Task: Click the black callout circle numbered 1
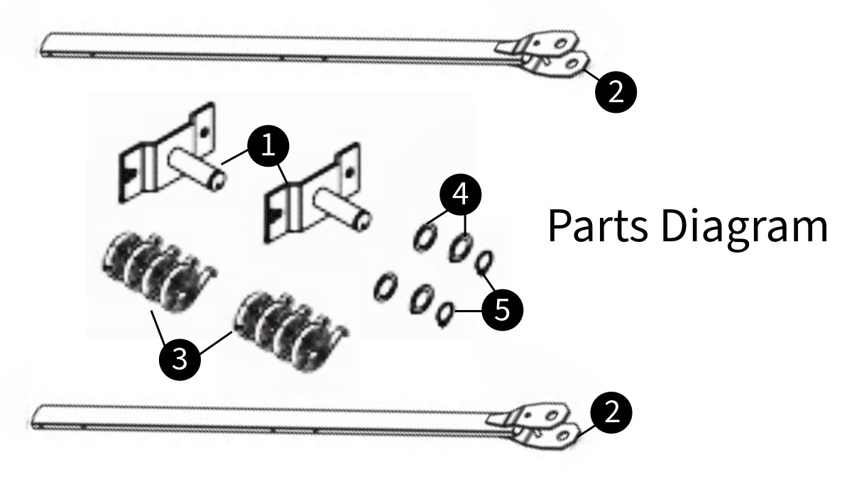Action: tap(268, 146)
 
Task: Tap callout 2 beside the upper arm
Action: tap(616, 91)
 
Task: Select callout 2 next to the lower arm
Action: tap(611, 412)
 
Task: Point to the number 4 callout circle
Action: tap(459, 194)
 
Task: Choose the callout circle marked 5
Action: tap(502, 310)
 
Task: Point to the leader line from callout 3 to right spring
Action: tap(217, 341)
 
